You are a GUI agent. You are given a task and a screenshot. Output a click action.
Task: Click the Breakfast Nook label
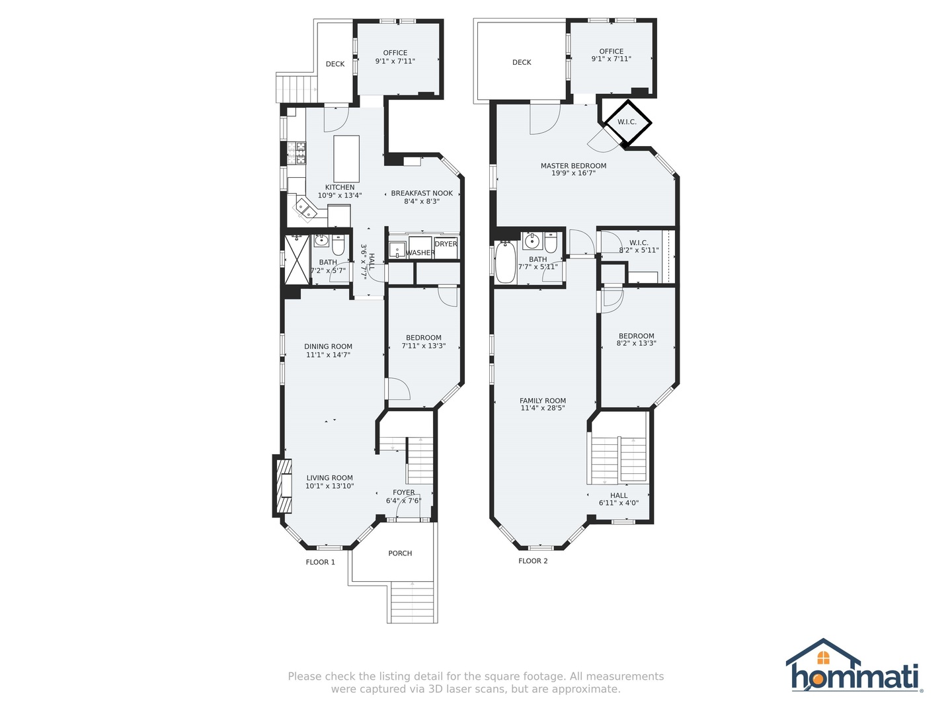pyautogui.click(x=422, y=193)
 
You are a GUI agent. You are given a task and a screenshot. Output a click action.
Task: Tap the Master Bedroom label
pyautogui.click(x=573, y=165)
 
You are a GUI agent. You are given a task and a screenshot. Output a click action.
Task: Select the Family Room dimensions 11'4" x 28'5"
pyautogui.click(x=543, y=408)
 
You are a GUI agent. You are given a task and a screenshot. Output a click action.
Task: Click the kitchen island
pyautogui.click(x=346, y=159)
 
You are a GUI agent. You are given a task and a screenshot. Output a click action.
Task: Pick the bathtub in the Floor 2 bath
pyautogui.click(x=505, y=262)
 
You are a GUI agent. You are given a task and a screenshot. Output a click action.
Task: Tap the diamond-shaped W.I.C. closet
pyautogui.click(x=627, y=122)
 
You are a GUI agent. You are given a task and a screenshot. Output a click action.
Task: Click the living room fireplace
pyautogui.click(x=284, y=485)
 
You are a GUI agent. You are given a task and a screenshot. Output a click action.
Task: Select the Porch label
pyautogui.click(x=400, y=553)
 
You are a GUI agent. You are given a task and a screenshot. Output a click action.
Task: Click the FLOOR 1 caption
pyautogui.click(x=321, y=562)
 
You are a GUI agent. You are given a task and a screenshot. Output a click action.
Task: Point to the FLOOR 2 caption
pyautogui.click(x=533, y=561)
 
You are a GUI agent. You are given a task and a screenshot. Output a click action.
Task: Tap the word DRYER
pyautogui.click(x=446, y=244)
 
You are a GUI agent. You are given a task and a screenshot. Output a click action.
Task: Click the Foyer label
pyautogui.click(x=404, y=493)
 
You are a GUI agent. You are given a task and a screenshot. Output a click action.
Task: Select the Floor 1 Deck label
pyautogui.click(x=335, y=64)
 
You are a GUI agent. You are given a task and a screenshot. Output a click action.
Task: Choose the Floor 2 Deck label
pyautogui.click(x=522, y=62)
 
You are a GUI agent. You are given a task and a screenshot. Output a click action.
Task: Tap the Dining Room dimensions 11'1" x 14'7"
pyautogui.click(x=328, y=354)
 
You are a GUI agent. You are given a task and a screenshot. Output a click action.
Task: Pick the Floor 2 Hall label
pyautogui.click(x=619, y=496)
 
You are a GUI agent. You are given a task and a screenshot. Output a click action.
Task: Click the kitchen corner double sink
pyautogui.click(x=307, y=210)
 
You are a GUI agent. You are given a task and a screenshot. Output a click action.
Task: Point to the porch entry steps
pyautogui.click(x=413, y=602)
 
